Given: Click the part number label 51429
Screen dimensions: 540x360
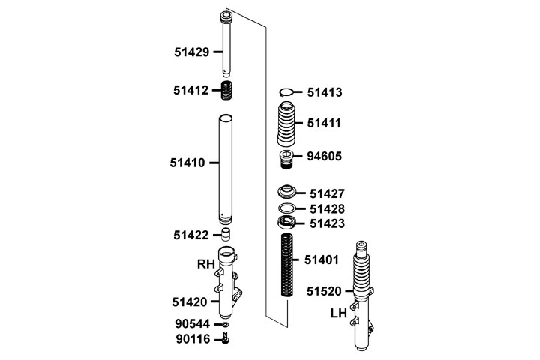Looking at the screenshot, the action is [x=191, y=52].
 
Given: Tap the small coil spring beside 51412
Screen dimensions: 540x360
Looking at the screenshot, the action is [x=226, y=90].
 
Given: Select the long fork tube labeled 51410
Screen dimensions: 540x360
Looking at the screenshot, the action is [x=226, y=169].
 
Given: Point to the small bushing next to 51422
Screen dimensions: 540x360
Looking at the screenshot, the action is [x=226, y=234].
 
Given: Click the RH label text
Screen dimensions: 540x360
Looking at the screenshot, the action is [x=206, y=264].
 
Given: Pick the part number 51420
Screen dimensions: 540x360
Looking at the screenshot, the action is [x=190, y=302].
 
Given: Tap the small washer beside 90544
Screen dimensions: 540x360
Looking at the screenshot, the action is [x=226, y=324].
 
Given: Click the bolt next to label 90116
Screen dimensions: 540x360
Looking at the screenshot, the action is [x=226, y=337].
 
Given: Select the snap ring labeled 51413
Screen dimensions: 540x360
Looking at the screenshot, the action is [x=286, y=92].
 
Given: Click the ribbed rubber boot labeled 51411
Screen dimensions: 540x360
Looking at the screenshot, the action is [x=286, y=124].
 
